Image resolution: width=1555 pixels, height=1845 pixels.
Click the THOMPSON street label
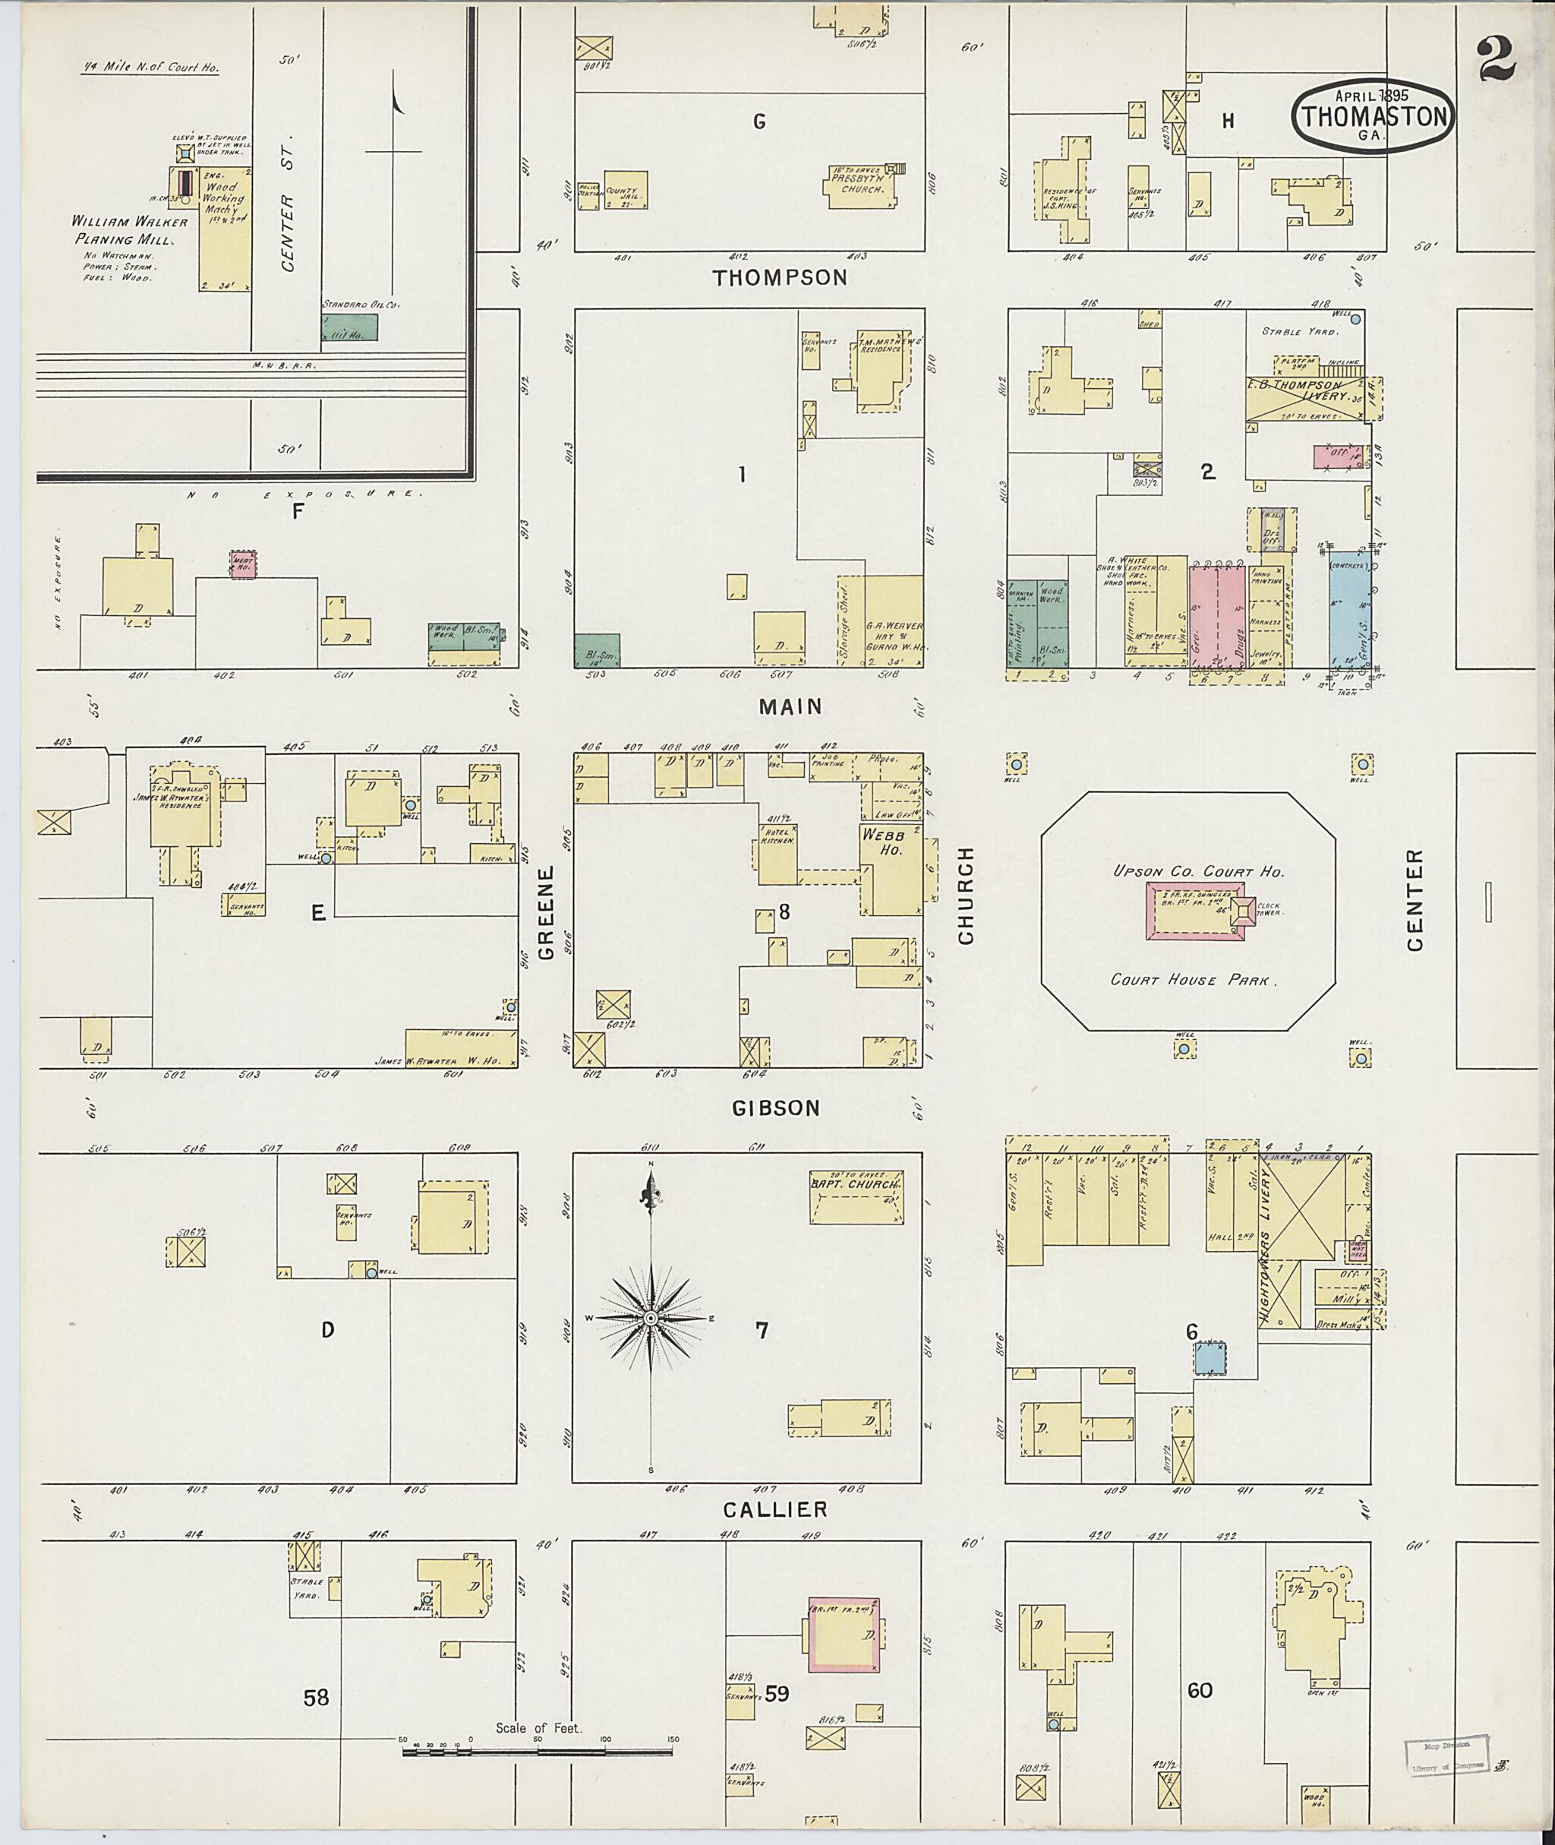pyautogui.click(x=779, y=278)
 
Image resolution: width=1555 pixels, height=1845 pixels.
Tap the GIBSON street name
pyautogui.click(x=776, y=1108)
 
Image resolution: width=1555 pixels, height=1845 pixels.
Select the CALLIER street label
pyautogui.click(x=776, y=1510)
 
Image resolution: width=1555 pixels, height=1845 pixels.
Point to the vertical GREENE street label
pyautogui.click(x=547, y=912)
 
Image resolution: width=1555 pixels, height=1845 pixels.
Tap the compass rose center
pyautogui.click(x=651, y=1318)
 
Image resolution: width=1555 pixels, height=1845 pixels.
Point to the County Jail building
pyautogui.click(x=625, y=190)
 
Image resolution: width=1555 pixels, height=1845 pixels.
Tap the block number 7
pyautogui.click(x=762, y=1331)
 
